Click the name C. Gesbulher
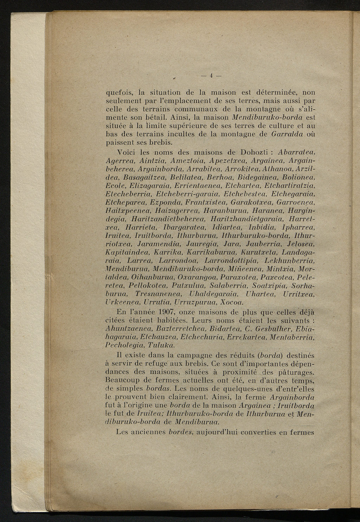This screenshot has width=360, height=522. point(268,329)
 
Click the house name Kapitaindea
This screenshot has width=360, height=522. point(128,252)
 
